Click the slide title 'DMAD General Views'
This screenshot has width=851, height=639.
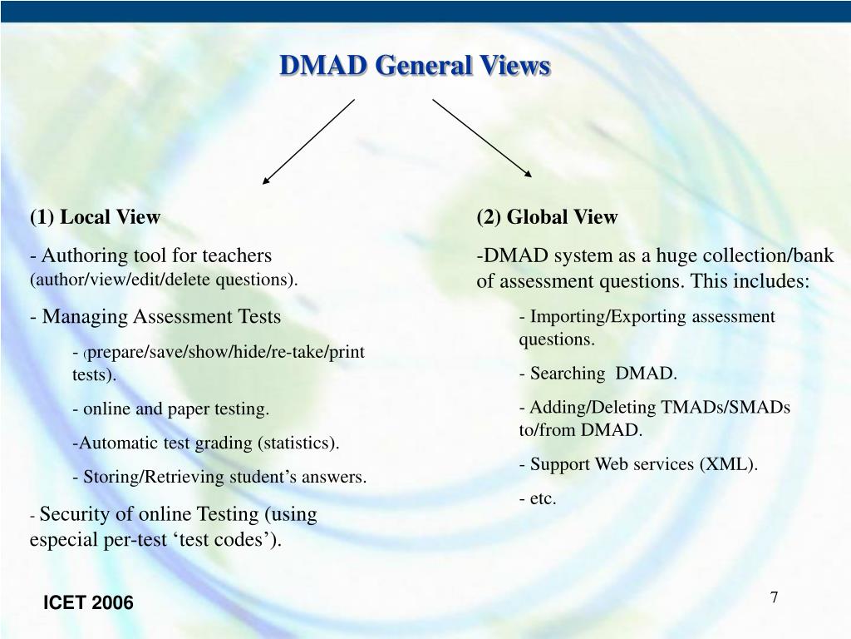point(414,66)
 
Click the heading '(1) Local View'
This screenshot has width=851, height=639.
point(95,218)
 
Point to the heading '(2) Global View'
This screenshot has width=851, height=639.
point(547,218)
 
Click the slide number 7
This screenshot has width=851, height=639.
point(774,597)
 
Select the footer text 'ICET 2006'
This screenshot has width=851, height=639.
point(88,603)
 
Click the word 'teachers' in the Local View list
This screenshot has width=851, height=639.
point(238,256)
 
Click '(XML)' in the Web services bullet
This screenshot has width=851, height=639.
point(728,464)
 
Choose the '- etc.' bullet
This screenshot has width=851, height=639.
point(538,499)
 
